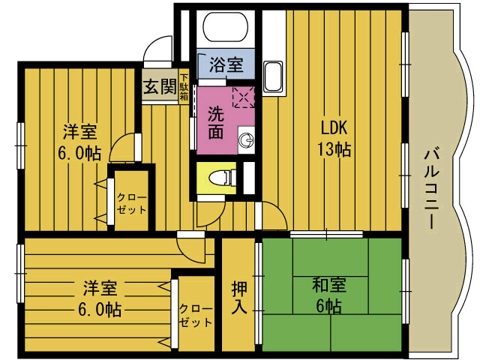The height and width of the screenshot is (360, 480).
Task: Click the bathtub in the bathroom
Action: click(x=226, y=27)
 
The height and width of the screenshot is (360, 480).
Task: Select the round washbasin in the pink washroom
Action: click(x=246, y=140)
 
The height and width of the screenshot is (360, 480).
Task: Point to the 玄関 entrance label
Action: click(x=160, y=86)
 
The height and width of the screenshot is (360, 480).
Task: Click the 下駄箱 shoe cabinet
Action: click(x=184, y=87)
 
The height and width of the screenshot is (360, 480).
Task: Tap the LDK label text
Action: click(x=334, y=127)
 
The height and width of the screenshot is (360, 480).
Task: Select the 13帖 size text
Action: click(x=334, y=149)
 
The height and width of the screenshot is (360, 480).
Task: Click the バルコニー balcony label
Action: click(x=432, y=189)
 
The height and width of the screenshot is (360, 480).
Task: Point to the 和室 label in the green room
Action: click(x=329, y=285)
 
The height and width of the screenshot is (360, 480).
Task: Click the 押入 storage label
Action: click(x=239, y=297)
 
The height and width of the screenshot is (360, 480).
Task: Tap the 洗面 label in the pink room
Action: click(x=216, y=122)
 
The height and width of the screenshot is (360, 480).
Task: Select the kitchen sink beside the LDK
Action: click(x=273, y=76)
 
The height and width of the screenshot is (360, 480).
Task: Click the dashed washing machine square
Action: click(x=244, y=97)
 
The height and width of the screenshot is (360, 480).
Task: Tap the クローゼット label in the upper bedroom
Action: click(x=132, y=203)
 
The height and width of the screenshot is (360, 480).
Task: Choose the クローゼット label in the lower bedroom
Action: click(x=196, y=315)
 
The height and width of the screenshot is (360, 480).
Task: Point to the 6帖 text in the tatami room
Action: click(x=328, y=305)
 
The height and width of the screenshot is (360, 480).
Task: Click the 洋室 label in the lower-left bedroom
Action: click(x=100, y=288)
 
